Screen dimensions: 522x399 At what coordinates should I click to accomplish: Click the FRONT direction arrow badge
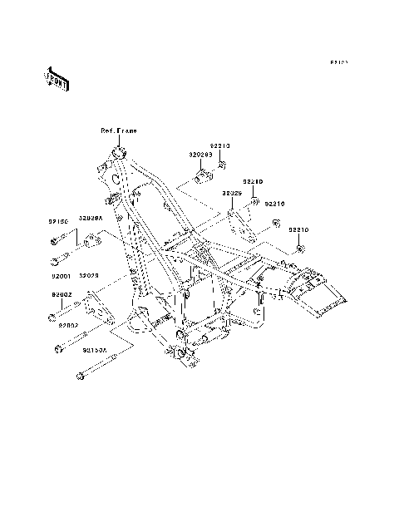pyautogui.click(x=57, y=79)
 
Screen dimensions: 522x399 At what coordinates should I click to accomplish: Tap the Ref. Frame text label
pyautogui.click(x=119, y=130)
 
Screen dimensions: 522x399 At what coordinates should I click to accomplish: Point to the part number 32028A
pyautogui.click(x=91, y=218)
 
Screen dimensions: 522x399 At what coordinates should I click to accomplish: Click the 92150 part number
pyautogui.click(x=57, y=222)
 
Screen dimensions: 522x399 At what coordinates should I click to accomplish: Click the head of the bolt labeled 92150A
pyautogui.click(x=80, y=378)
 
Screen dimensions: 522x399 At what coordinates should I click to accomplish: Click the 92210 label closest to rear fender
pyautogui.click(x=299, y=229)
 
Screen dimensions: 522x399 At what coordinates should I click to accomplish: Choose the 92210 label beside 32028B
pyautogui.click(x=219, y=145)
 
